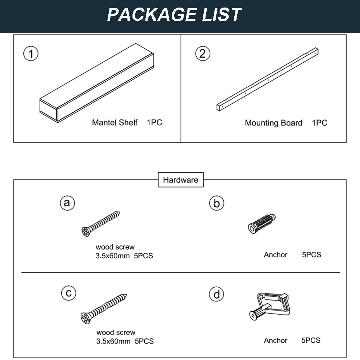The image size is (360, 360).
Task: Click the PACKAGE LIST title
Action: [x=174, y=15]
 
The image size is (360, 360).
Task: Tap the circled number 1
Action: [x=31, y=54]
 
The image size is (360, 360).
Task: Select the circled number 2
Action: [x=202, y=54]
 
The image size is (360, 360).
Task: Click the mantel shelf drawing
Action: [x=96, y=83]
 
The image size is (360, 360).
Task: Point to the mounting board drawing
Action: [x=267, y=80]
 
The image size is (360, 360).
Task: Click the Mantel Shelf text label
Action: [x=114, y=122]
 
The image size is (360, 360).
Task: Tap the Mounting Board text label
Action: [x=274, y=123]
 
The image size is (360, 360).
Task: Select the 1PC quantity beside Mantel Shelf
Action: [x=154, y=122]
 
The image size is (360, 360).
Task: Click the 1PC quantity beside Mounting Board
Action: [x=319, y=123]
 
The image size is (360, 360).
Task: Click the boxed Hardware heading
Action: [x=181, y=180]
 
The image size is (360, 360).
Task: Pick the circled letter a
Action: [x=67, y=203]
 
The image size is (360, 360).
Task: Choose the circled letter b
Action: [x=216, y=203]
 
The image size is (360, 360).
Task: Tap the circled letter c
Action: [x=69, y=293]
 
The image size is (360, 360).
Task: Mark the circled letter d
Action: [x=216, y=294]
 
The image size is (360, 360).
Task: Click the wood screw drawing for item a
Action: [x=100, y=224]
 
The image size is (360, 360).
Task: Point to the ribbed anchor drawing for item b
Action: [x=262, y=224]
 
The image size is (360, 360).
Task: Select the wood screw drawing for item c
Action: [x=104, y=309]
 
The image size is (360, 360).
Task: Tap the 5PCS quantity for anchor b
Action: [x=311, y=255]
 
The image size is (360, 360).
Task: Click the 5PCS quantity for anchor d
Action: [x=311, y=340]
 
